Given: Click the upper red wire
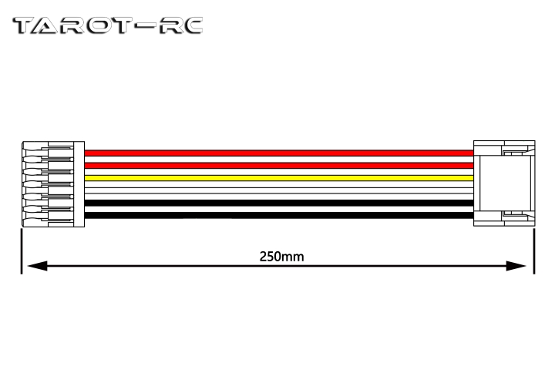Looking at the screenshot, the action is [x=279, y=153].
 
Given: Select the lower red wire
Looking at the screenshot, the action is [x=279, y=166].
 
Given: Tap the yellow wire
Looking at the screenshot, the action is [x=279, y=178].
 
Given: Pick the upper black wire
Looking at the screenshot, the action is [x=279, y=203].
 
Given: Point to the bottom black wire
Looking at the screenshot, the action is [x=279, y=215].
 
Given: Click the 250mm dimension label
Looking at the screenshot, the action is [x=282, y=257].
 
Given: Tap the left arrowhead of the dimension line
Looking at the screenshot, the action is [x=37, y=265].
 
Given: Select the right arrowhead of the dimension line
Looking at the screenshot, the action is [x=516, y=265].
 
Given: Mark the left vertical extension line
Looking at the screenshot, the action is [x=22, y=251].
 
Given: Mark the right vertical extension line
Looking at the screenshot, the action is [x=534, y=251].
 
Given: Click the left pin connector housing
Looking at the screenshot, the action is [x=53, y=184].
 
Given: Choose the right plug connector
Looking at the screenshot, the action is [x=504, y=183].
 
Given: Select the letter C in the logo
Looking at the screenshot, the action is [x=190, y=25].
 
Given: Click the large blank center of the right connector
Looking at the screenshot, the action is [x=504, y=183].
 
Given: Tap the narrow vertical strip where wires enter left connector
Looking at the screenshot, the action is [x=79, y=184].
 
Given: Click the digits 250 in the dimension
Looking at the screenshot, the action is [x=271, y=257].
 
